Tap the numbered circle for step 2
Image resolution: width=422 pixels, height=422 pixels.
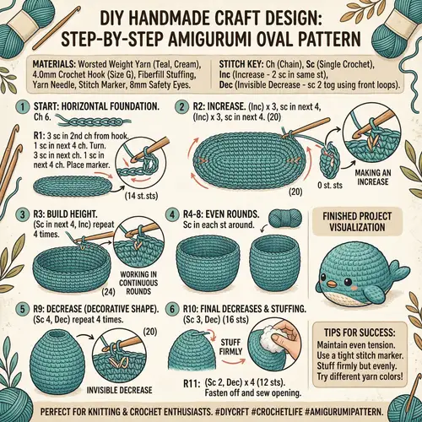pyautogui.click(x=180, y=106)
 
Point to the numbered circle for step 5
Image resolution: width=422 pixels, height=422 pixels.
pyautogui.click(x=22, y=309)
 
